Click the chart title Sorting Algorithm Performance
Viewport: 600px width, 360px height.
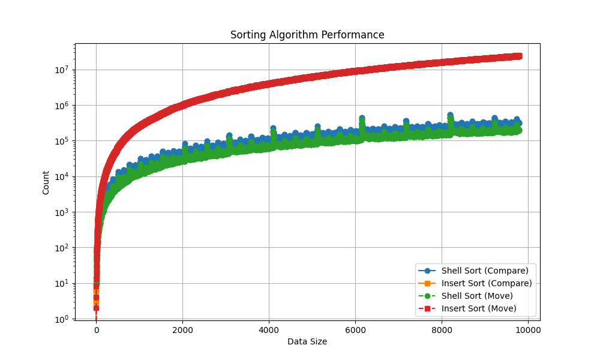point(307,35)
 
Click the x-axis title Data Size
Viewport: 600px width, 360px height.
point(307,341)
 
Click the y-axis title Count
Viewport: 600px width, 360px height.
point(46,182)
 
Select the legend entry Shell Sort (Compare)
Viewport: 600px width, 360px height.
point(485,271)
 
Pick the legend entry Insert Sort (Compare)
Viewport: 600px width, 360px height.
point(487,283)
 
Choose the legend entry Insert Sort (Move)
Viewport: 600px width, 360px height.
point(479,308)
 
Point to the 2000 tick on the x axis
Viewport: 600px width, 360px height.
point(182,329)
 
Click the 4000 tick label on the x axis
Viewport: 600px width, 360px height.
point(269,329)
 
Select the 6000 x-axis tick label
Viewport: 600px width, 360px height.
point(355,329)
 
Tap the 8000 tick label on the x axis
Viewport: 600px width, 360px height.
point(442,329)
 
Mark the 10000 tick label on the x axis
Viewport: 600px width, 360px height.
point(528,329)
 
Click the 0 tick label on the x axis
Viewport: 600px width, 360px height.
point(96,329)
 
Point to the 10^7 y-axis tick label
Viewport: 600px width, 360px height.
point(62,70)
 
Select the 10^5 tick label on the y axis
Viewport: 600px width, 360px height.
point(62,141)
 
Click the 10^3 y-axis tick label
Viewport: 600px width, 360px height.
point(62,212)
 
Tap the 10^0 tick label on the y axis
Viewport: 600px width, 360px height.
point(62,319)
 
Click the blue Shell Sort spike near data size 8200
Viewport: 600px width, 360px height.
point(450,115)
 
